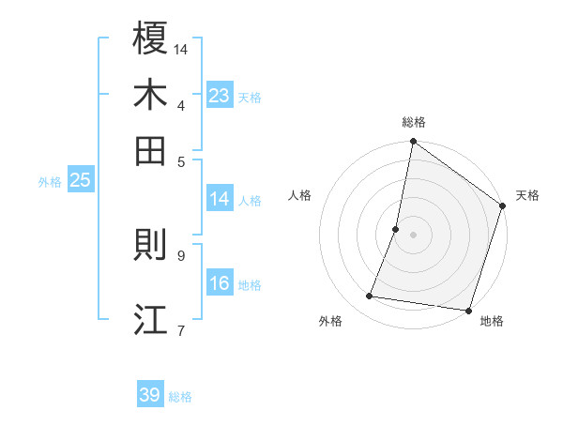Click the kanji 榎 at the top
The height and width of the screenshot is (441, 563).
coord(150,38)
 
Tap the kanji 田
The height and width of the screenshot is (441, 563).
coord(150,150)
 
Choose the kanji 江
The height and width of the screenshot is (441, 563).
coord(150,319)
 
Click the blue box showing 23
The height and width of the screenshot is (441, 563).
coord(220,96)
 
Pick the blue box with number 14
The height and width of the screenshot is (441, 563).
coord(220,199)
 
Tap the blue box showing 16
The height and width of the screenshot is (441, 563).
coord(220,283)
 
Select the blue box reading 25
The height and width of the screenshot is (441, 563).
coord(80,180)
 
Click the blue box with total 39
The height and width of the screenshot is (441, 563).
coord(150,395)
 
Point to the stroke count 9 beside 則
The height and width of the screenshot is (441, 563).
coord(180,254)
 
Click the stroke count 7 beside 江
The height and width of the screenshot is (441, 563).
coord(180,329)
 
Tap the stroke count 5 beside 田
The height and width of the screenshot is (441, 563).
coord(180,160)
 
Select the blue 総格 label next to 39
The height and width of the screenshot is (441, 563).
coord(180,397)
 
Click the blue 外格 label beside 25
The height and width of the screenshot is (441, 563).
coord(50,182)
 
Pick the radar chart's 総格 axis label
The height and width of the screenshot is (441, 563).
coord(413,122)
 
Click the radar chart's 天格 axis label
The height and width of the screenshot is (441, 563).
coord(527,195)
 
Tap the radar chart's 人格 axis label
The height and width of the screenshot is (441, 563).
coord(300,195)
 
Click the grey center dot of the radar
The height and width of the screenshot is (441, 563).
coord(413,235)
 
